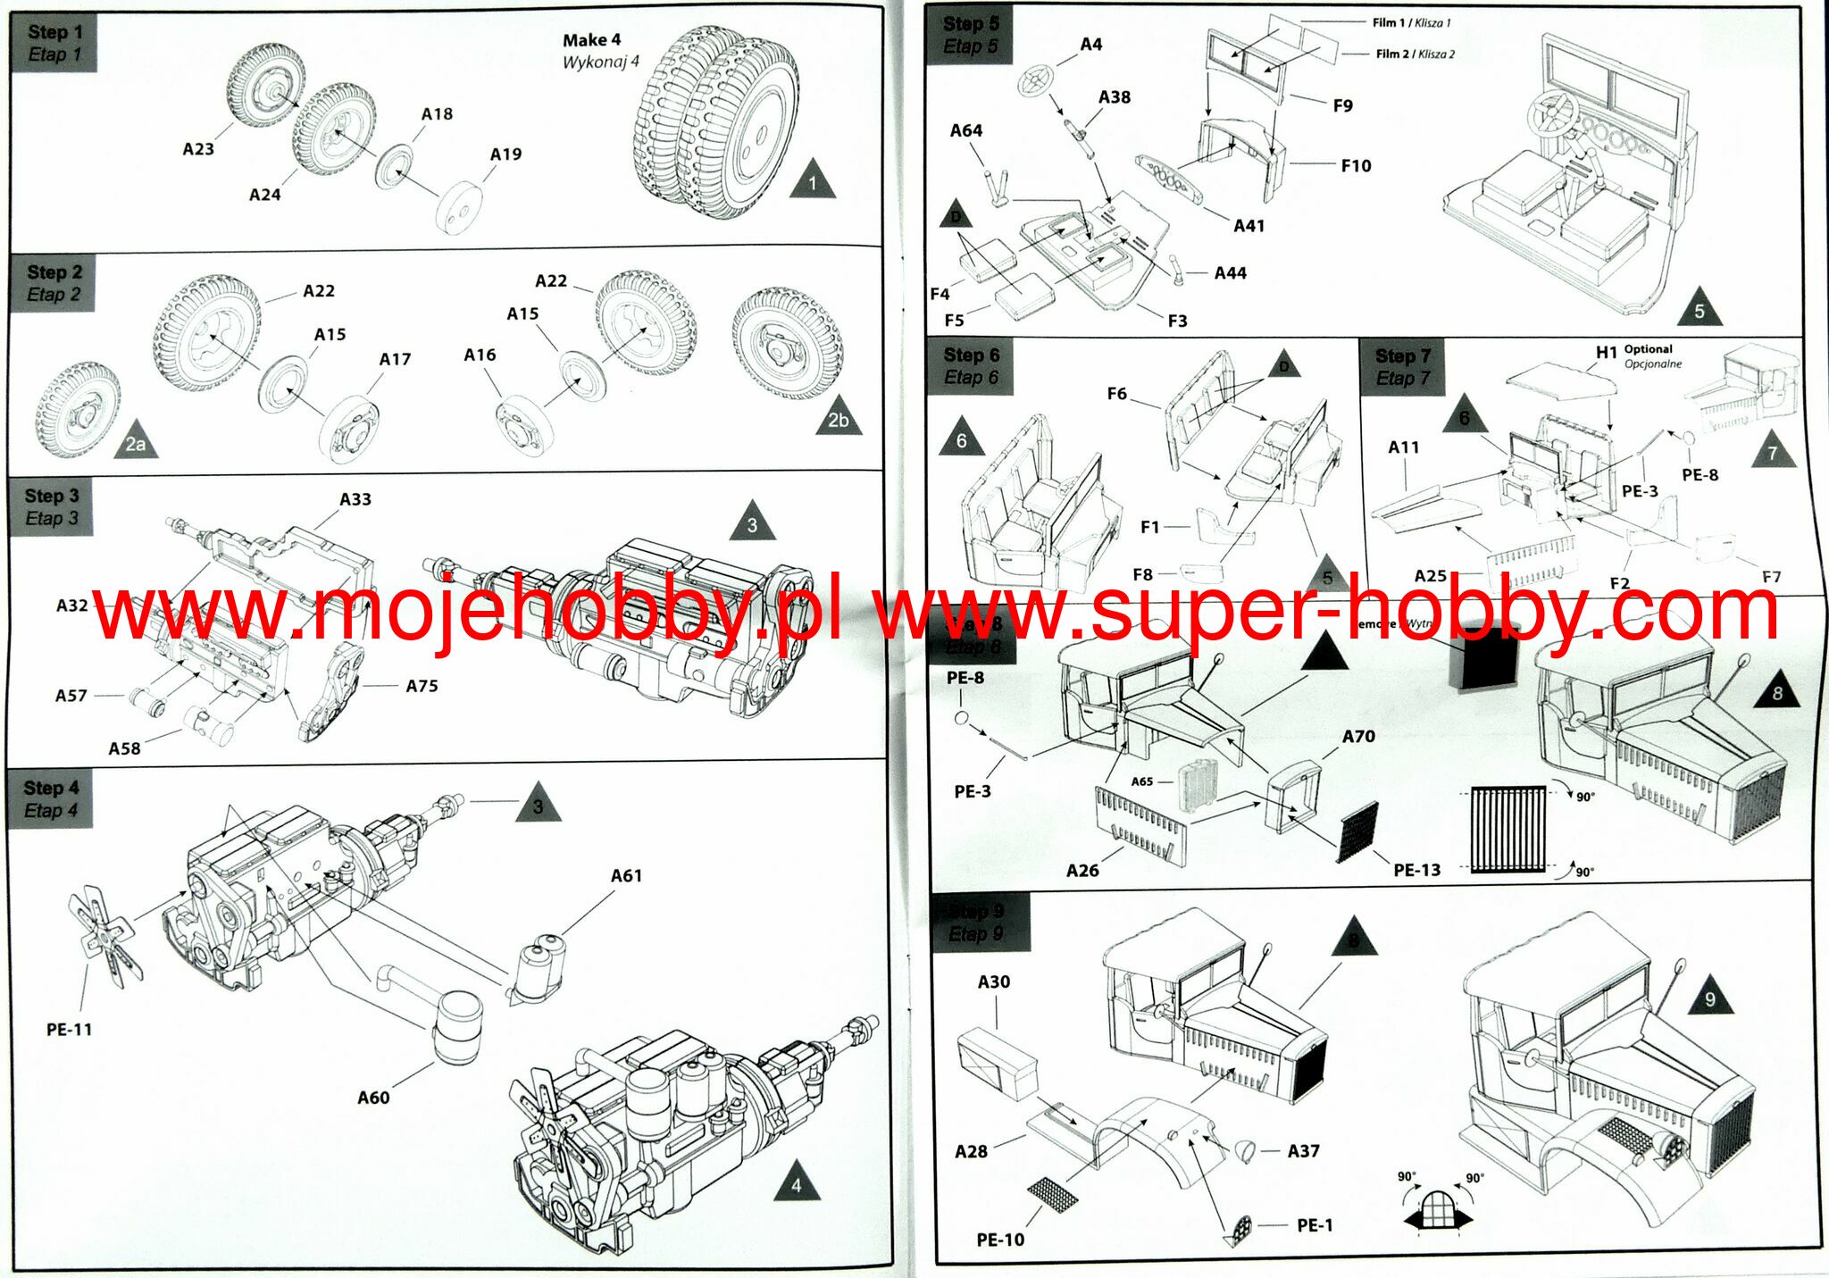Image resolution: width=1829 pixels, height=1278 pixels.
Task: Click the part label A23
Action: click(198, 149)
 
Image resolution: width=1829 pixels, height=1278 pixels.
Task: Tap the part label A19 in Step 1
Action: click(505, 155)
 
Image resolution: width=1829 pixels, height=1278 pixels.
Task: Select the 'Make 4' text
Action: click(591, 40)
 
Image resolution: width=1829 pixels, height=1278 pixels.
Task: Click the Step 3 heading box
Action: click(52, 506)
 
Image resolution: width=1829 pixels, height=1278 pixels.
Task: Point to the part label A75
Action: click(422, 686)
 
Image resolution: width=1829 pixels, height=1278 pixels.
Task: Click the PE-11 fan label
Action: click(69, 1030)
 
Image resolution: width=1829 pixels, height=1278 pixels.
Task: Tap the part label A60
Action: click(373, 1098)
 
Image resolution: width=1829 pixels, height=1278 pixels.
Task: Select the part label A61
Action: click(626, 876)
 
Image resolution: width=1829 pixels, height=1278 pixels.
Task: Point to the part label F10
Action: click(1356, 166)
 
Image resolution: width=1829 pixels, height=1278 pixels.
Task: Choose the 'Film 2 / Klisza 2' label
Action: click(1415, 54)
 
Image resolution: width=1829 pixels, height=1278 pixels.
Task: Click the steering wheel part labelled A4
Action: click(1037, 79)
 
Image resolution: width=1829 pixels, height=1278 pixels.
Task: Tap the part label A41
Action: click(1249, 226)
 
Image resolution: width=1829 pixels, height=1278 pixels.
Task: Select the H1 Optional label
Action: click(1633, 354)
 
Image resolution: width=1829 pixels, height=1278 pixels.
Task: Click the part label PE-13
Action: click(1416, 870)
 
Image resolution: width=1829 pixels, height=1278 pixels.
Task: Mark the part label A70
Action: click(1358, 737)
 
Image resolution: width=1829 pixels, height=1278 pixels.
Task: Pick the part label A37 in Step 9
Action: click(1303, 1151)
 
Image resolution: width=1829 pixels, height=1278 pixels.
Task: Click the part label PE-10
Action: click(1000, 1240)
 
